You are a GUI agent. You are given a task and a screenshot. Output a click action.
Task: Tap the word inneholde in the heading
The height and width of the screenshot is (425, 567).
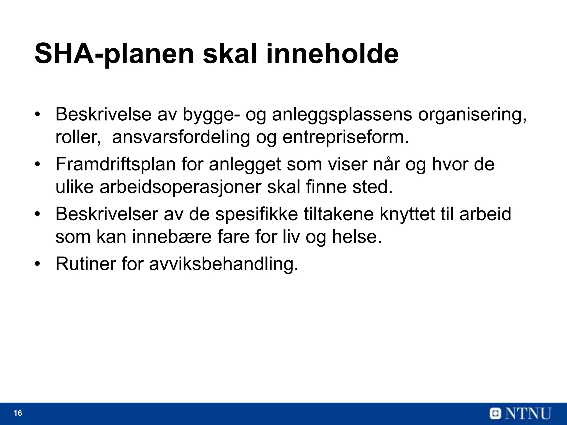pyautogui.click(x=332, y=53)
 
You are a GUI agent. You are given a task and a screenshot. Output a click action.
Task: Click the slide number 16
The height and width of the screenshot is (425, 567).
pyautogui.click(x=18, y=413)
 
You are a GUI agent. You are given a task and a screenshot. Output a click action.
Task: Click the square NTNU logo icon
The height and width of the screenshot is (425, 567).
pyautogui.click(x=496, y=414)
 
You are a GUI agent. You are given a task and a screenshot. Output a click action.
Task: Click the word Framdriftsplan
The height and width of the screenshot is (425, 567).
pyautogui.click(x=115, y=164)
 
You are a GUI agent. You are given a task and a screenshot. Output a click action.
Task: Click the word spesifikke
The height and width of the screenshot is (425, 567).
pyautogui.click(x=256, y=214)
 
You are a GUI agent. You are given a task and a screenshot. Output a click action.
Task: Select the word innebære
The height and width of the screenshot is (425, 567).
pyautogui.click(x=172, y=237)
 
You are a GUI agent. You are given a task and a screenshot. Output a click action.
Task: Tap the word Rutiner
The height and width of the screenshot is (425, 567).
pyautogui.click(x=86, y=264)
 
